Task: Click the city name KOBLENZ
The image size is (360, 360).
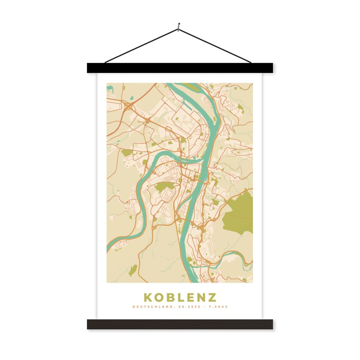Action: click(180, 297)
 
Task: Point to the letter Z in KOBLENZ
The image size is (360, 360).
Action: click(212, 297)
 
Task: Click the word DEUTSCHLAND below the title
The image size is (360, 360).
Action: click(152, 307)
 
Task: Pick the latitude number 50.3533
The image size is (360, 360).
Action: click(189, 307)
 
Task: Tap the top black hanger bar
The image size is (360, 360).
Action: click(180, 68)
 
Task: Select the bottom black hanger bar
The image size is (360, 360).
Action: click(180, 324)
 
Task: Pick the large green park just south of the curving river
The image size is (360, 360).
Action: click(162, 186)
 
